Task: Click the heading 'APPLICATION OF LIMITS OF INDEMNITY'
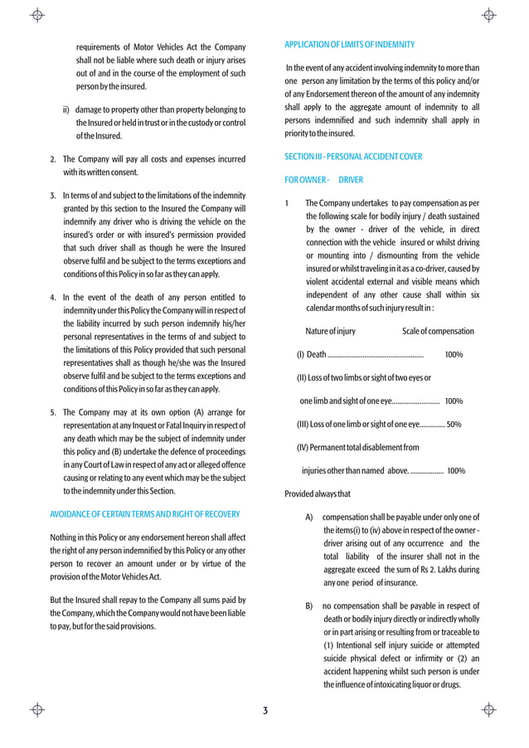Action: pyautogui.click(x=349, y=44)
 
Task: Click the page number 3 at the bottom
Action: pyautogui.click(x=264, y=711)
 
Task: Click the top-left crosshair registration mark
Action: pyautogui.click(x=37, y=15)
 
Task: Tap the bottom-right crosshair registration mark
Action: pyautogui.click(x=489, y=710)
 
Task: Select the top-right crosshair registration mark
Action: pyautogui.click(x=489, y=15)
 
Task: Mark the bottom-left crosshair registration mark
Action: pyautogui.click(x=37, y=710)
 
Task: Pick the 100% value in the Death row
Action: pyautogui.click(x=454, y=355)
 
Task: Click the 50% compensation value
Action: pyautogui.click(x=454, y=425)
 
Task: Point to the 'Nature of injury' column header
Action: pyautogui.click(x=330, y=332)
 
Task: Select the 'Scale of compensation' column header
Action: pyautogui.click(x=438, y=332)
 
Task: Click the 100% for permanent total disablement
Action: pyautogui.click(x=455, y=471)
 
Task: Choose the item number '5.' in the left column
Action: pyautogui.click(x=53, y=412)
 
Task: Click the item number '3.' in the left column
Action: pyautogui.click(x=53, y=196)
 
